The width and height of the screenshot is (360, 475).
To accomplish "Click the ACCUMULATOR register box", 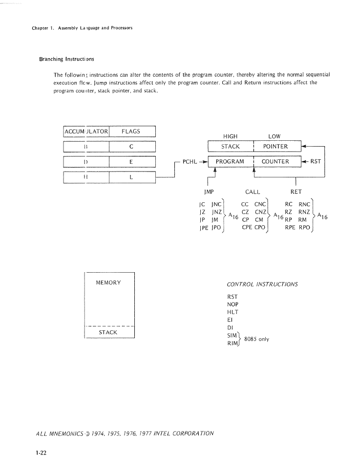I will coord(86,131).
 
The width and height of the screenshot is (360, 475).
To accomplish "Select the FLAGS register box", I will coord(132,131).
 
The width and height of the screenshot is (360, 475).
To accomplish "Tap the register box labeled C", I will coord(132,147).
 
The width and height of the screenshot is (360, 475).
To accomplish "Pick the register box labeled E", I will coord(132,162).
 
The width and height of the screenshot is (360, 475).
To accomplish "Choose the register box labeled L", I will coord(132,177).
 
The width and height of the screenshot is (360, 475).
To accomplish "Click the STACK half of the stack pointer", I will coord(231,146).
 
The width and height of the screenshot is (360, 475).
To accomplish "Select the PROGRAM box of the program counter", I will coord(231,161).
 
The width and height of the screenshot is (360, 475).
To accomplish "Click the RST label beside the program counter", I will coord(315,161).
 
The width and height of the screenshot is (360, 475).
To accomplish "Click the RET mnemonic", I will coord(296,192).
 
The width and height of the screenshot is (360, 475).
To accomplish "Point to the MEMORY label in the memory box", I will coord(108,282).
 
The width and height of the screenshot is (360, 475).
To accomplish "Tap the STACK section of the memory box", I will coord(108,332).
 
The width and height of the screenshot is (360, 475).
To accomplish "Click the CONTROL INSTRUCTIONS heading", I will coord(262,284).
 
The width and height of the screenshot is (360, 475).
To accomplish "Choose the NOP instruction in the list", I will coord(233,304).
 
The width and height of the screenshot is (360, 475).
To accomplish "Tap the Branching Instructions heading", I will coord(66,59).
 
